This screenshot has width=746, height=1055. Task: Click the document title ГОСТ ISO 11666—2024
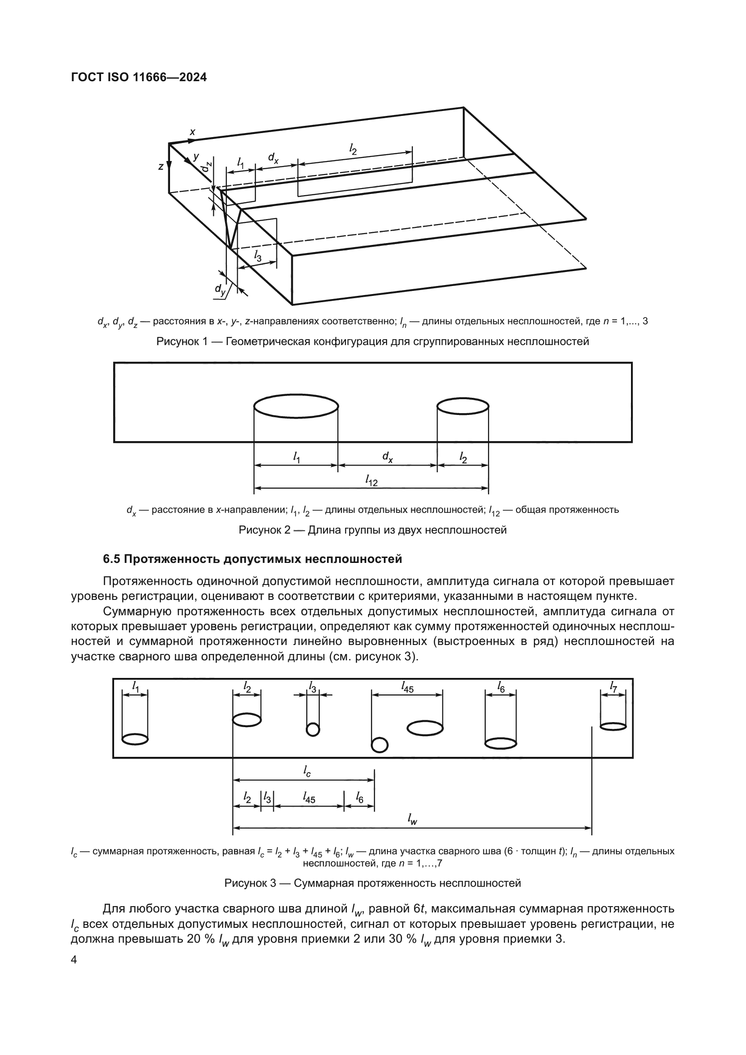[x=139, y=77]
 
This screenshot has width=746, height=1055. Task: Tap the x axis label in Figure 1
[x=193, y=132]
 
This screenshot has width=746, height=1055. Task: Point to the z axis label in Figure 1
[x=161, y=167]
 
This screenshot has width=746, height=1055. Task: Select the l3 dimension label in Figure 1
[x=258, y=256]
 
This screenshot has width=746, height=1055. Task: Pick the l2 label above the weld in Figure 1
[x=353, y=148]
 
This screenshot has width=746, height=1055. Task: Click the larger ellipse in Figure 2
[x=296, y=406]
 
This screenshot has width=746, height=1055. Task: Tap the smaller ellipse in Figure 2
[x=463, y=406]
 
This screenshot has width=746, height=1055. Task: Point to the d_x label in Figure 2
[x=387, y=457]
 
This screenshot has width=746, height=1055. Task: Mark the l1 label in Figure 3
[x=136, y=687]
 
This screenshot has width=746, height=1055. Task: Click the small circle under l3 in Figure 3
[x=313, y=730]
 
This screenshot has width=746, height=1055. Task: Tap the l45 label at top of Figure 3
[x=407, y=687]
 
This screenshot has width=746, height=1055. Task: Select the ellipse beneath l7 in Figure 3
[x=613, y=727]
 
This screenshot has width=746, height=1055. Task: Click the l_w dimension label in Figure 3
[x=412, y=818]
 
